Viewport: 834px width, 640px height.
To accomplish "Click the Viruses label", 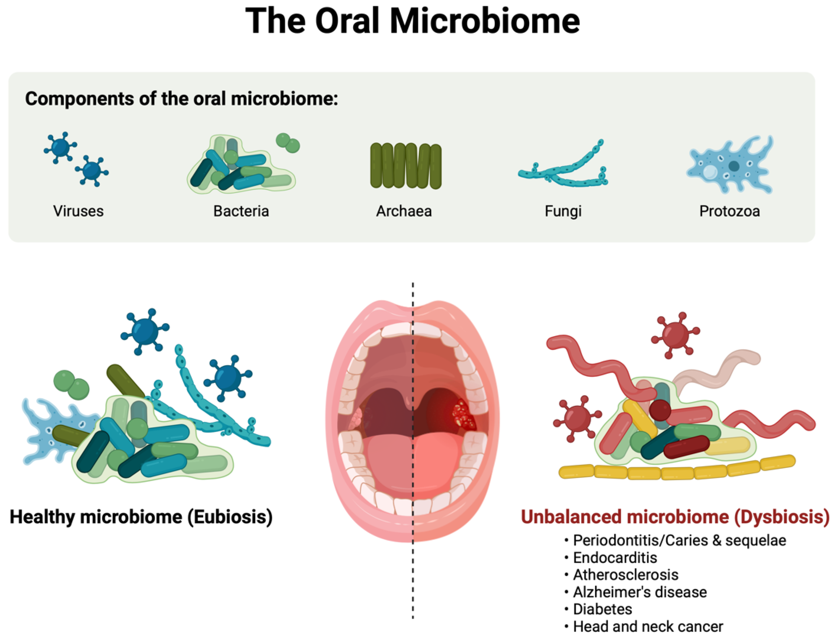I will [78, 211].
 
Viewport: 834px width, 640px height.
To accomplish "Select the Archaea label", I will [404, 211].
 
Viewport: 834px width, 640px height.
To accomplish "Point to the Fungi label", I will [563, 211].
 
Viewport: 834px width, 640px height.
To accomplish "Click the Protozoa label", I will [729, 211].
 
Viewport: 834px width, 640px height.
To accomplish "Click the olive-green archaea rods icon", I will [405, 166].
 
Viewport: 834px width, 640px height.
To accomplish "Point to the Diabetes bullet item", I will [602, 609].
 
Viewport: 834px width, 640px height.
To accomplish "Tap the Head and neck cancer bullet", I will [648, 626].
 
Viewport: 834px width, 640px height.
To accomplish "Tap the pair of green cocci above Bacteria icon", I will [288, 143].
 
